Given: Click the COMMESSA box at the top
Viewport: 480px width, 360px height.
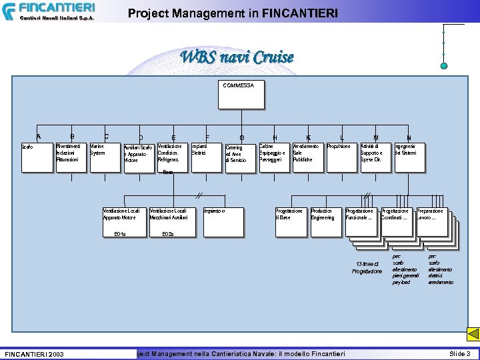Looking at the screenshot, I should point(241,95).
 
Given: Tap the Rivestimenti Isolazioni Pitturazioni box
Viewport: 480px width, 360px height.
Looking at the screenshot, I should point(71,157).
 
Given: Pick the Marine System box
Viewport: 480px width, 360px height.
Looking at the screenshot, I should point(105,157).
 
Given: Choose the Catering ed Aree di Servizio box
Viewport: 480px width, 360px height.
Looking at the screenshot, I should point(240,158).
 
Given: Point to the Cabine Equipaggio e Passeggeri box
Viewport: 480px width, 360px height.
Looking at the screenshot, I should point(274,157).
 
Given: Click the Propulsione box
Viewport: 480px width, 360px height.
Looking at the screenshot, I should point(341,157).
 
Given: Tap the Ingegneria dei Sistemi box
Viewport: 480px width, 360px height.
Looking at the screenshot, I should point(408,157).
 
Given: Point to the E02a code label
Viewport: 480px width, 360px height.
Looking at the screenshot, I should point(168,235).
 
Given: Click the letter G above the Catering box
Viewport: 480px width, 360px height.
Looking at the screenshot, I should point(241,137).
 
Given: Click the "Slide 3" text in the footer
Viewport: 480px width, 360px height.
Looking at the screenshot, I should point(459,353).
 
